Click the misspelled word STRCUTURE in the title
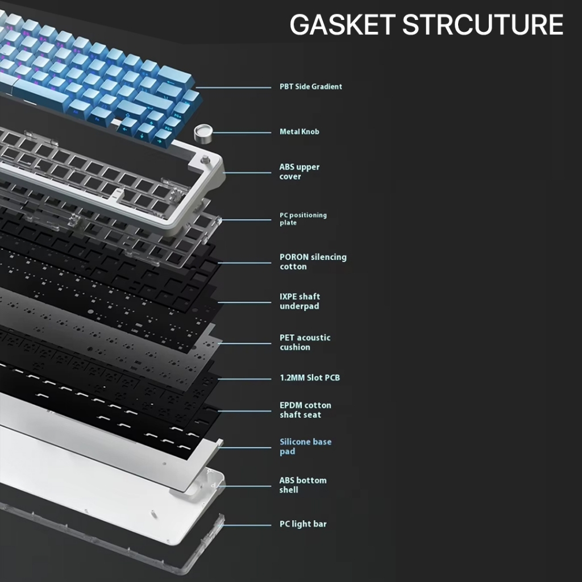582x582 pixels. click(x=483, y=25)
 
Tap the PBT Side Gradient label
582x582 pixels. click(x=310, y=87)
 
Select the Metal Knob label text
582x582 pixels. click(x=299, y=132)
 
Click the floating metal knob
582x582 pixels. click(x=202, y=132)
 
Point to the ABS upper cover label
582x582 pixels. click(x=299, y=172)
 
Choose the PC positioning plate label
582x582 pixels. click(x=303, y=219)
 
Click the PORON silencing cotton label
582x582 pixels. click(x=313, y=262)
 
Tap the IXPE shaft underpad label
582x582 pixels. click(x=300, y=301)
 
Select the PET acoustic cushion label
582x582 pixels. click(x=305, y=342)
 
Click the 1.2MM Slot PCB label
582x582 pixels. click(x=309, y=378)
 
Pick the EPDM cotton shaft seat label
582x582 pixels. click(x=305, y=410)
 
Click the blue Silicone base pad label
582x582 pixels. click(x=305, y=446)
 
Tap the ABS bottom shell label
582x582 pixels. click(x=302, y=485)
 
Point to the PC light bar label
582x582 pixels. click(x=302, y=524)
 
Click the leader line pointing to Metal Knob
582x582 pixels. click(x=242, y=133)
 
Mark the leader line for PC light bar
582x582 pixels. click(x=248, y=525)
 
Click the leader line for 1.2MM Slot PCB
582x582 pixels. click(x=244, y=378)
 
